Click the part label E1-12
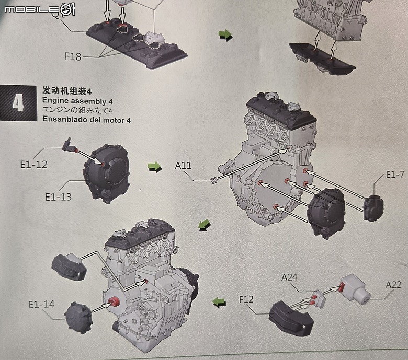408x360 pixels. [34, 164]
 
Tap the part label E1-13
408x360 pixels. [58, 197]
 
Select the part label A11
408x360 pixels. [183, 165]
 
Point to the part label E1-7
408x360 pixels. [395, 175]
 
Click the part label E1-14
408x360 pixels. [42, 304]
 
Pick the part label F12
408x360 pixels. [246, 299]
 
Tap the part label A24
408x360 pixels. [289, 277]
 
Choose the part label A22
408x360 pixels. [393, 285]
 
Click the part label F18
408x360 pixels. [73, 56]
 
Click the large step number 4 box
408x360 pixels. [18, 103]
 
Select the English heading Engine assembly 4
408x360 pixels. [77, 101]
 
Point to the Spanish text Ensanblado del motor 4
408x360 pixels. [87, 120]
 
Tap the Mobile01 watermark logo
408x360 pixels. [40, 9]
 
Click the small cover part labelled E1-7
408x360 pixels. [373, 208]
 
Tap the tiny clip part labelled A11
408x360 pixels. [213, 180]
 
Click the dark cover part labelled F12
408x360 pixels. [291, 317]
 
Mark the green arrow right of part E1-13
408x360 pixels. [154, 167]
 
